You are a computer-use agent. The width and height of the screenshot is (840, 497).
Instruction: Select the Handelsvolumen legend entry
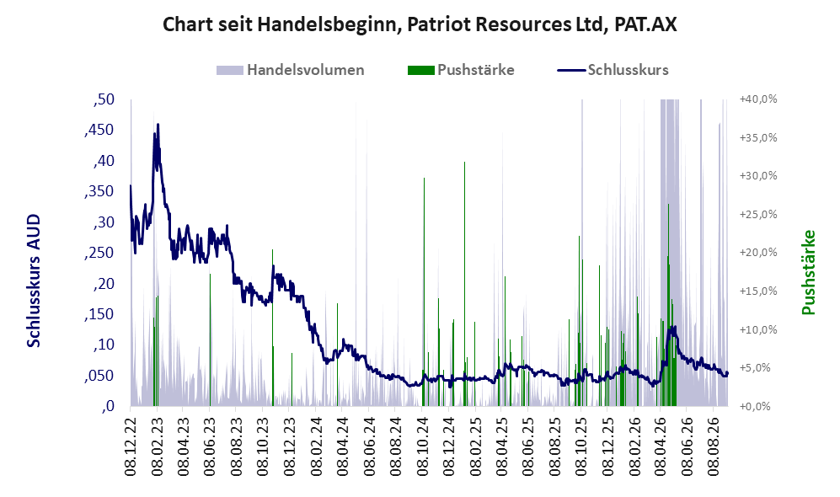pyautogui.click(x=291, y=70)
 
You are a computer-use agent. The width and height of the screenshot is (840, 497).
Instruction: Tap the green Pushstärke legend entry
pyautogui.click(x=461, y=70)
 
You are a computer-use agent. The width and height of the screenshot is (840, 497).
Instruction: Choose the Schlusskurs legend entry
pyautogui.click(x=613, y=70)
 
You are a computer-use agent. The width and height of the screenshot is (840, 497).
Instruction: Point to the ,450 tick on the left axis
pyautogui.click(x=99, y=130)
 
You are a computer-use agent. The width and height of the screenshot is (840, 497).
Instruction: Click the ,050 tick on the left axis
pyautogui.click(x=99, y=376)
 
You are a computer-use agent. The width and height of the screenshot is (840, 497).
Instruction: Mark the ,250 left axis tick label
pyautogui.click(x=99, y=253)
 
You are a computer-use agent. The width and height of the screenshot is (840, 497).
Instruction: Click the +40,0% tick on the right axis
pyautogui.click(x=758, y=99)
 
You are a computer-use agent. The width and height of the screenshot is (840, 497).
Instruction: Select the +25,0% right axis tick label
pyautogui.click(x=758, y=214)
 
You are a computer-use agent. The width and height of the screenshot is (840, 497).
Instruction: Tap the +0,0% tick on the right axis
pyautogui.click(x=755, y=407)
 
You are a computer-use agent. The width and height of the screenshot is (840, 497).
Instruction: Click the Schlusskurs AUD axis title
pyautogui.click(x=34, y=281)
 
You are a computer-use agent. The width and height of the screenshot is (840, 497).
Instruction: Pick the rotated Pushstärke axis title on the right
pyautogui.click(x=808, y=272)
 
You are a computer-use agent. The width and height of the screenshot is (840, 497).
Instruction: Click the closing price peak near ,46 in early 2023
pyautogui.click(x=158, y=125)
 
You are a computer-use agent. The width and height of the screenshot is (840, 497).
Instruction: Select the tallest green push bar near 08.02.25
pyautogui.click(x=464, y=284)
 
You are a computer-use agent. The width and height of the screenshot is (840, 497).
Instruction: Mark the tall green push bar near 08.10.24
pyautogui.click(x=424, y=291)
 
